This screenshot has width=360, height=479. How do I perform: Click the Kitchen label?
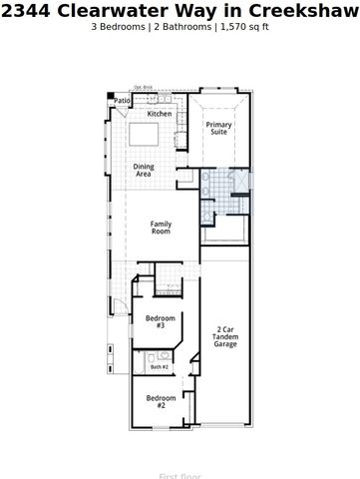pos(160,114)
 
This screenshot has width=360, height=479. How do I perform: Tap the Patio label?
pos(123,101)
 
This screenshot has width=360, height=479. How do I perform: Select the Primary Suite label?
pos(218,128)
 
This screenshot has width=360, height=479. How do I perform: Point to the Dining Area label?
pos(144,170)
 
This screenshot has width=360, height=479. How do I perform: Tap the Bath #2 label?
pos(160,367)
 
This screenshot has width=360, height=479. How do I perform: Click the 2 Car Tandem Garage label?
pos(225,336)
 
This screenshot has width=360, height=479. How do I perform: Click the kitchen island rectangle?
pos(146,135)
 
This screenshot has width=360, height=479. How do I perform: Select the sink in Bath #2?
pos(163,355)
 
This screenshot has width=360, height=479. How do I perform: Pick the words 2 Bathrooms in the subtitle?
pos(183,27)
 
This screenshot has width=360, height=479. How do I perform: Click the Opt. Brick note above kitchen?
pos(144,88)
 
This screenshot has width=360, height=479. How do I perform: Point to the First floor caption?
pos(180,475)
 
